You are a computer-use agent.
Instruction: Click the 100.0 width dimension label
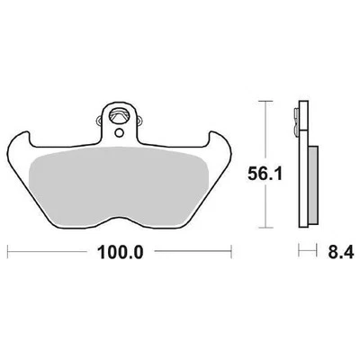click(119, 253)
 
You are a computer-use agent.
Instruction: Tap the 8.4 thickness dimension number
click(335, 254)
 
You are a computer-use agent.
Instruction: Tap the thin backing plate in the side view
click(300, 162)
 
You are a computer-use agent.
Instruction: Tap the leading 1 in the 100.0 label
click(102, 253)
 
